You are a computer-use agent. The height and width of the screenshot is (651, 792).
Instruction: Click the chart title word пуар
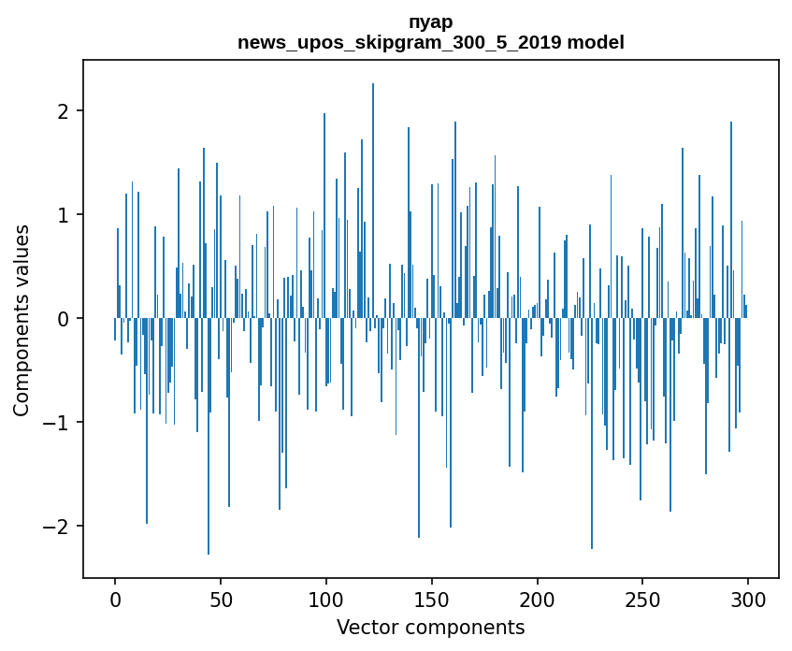pyautogui.click(x=431, y=23)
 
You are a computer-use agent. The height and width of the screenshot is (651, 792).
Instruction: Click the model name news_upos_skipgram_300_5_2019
pyautogui.click(x=399, y=42)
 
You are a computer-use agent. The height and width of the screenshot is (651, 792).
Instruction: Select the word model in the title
pyautogui.click(x=596, y=42)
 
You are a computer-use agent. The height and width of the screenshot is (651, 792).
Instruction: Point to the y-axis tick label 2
pyautogui.click(x=63, y=110)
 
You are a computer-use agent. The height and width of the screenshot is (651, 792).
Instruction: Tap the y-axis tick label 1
pyautogui.click(x=63, y=215)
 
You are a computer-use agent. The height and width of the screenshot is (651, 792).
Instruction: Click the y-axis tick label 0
pyautogui.click(x=63, y=318)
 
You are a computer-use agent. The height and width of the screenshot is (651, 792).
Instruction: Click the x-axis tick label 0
pyautogui.click(x=115, y=600)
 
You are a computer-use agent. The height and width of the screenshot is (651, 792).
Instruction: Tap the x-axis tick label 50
pyautogui.click(x=221, y=600)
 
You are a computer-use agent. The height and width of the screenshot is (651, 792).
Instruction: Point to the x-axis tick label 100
pyautogui.click(x=325, y=600)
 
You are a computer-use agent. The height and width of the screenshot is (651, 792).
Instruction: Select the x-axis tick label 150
pyautogui.click(x=431, y=600)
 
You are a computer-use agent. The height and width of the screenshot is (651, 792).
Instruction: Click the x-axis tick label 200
pyautogui.click(x=537, y=600)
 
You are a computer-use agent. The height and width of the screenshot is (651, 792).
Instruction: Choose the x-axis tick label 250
pyautogui.click(x=642, y=600)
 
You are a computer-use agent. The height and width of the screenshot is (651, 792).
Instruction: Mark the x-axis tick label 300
pyautogui.click(x=747, y=600)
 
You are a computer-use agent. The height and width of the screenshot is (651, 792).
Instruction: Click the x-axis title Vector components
pyautogui.click(x=431, y=628)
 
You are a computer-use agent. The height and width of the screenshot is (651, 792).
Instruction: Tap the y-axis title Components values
pyautogui.click(x=22, y=321)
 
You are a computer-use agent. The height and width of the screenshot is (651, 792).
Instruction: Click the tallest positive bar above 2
pyautogui.click(x=373, y=201)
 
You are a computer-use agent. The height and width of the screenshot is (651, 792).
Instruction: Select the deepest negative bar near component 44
pyautogui.click(x=209, y=436)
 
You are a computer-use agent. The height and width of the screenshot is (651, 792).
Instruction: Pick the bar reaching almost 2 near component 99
pyautogui.click(x=324, y=215)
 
